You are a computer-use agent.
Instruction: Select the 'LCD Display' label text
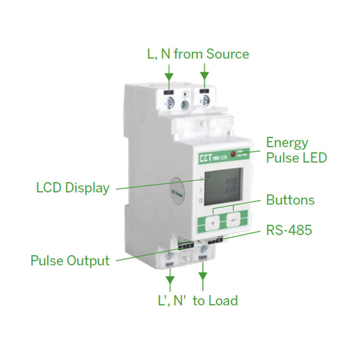tap(73, 188)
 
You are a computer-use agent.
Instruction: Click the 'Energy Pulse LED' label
tap(296, 150)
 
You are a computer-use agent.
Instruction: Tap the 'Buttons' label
tap(290, 200)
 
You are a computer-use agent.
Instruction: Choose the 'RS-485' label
tap(289, 230)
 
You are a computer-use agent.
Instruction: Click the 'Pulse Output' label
tap(70, 261)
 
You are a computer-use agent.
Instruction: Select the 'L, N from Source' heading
tap(198, 54)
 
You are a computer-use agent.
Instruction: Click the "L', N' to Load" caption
tap(198, 301)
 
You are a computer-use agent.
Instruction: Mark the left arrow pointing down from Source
tap(168, 73)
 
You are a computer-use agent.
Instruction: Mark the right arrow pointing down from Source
tap(204, 73)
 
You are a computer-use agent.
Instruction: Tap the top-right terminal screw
tap(204, 100)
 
